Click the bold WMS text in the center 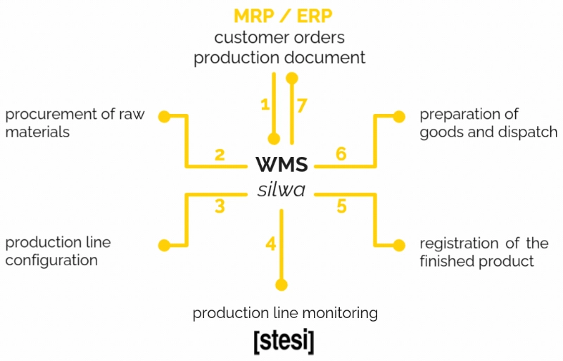(x=281, y=165)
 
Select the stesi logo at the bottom (x=284, y=341)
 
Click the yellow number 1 (x=265, y=104)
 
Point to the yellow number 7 (x=302, y=106)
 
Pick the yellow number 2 (x=220, y=154)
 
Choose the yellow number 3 (x=220, y=206)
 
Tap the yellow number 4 (x=270, y=244)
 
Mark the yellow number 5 (x=341, y=206)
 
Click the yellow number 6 (x=341, y=154)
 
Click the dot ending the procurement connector (x=163, y=115)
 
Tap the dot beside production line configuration (x=164, y=246)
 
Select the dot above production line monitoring (x=281, y=284)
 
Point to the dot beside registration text (x=399, y=246)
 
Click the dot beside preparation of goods (x=399, y=115)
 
